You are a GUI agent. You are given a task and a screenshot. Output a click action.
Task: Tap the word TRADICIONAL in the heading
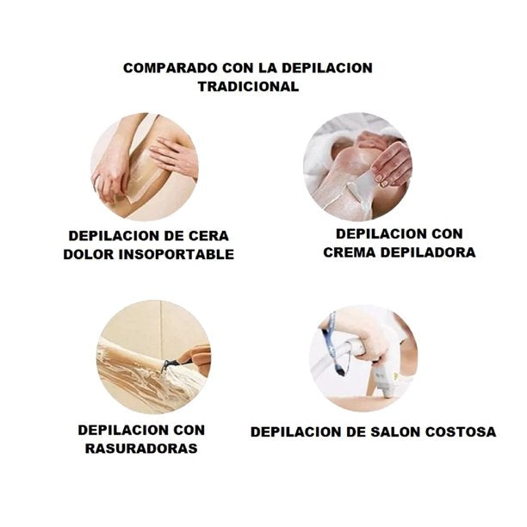point(248,86)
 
